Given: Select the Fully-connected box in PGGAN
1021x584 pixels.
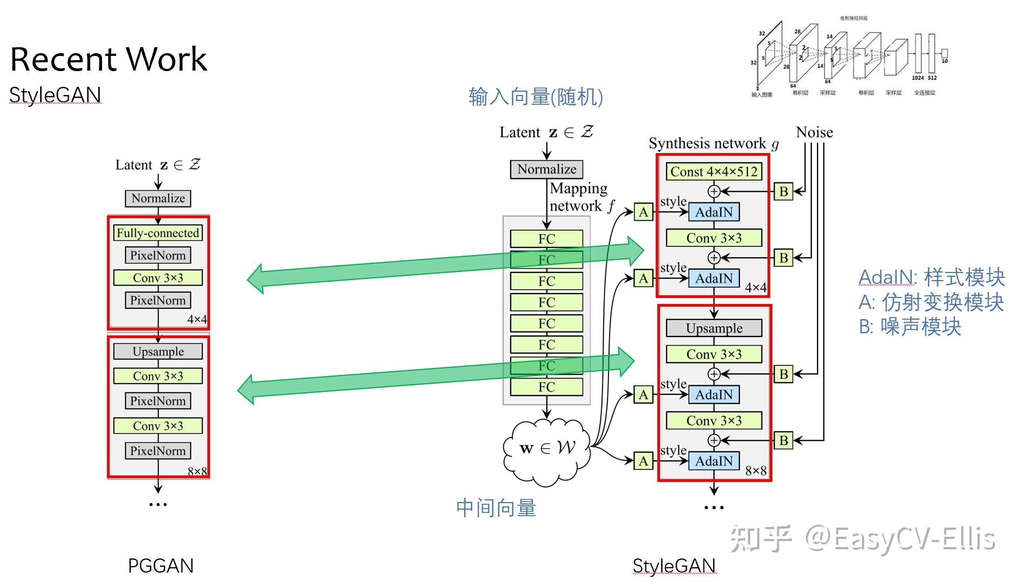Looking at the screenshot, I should (x=158, y=233).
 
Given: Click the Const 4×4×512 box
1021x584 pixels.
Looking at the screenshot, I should (x=714, y=172).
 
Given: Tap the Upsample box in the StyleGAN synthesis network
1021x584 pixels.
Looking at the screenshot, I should (x=714, y=328).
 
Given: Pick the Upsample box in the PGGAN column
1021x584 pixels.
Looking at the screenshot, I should (x=158, y=351).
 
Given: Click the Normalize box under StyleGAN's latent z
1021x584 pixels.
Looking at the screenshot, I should (x=547, y=169).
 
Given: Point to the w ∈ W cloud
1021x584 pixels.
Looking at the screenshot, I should (x=547, y=448).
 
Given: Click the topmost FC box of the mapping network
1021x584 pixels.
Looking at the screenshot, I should (x=547, y=239).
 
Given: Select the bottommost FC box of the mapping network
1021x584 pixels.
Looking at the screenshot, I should (x=547, y=387).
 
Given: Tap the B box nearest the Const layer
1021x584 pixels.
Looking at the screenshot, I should (x=783, y=191).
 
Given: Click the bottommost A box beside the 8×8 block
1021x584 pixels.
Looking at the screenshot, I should (x=643, y=461).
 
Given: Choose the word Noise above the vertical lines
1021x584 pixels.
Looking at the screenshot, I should (x=814, y=132).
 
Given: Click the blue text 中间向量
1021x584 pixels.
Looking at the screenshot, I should (x=496, y=508).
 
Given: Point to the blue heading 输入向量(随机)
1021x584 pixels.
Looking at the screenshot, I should (x=536, y=97).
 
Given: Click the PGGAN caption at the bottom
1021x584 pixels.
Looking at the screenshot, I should (x=161, y=566).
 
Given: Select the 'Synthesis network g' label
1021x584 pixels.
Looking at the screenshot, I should (x=714, y=143).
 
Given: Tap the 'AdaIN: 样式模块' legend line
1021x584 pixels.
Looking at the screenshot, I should (x=931, y=277).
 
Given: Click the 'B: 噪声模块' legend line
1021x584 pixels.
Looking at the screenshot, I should (x=910, y=327).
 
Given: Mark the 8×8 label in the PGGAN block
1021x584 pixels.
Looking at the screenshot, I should (x=197, y=471).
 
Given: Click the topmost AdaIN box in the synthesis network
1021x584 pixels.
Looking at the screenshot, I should (x=714, y=212).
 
